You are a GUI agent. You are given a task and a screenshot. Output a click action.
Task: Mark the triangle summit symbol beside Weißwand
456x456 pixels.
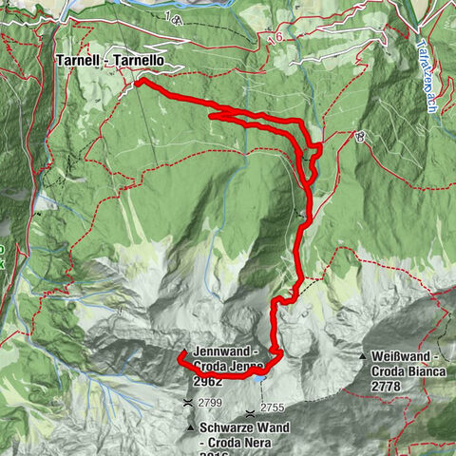click(x=365, y=357)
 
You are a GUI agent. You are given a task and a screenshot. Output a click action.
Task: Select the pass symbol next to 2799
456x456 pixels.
click(x=190, y=404)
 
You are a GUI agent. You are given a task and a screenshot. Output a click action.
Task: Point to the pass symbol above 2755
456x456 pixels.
click(x=249, y=413)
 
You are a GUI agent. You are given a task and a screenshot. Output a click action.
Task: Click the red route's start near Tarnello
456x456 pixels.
click(x=140, y=84)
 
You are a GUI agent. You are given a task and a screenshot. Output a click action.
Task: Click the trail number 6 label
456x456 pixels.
click(x=279, y=37)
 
